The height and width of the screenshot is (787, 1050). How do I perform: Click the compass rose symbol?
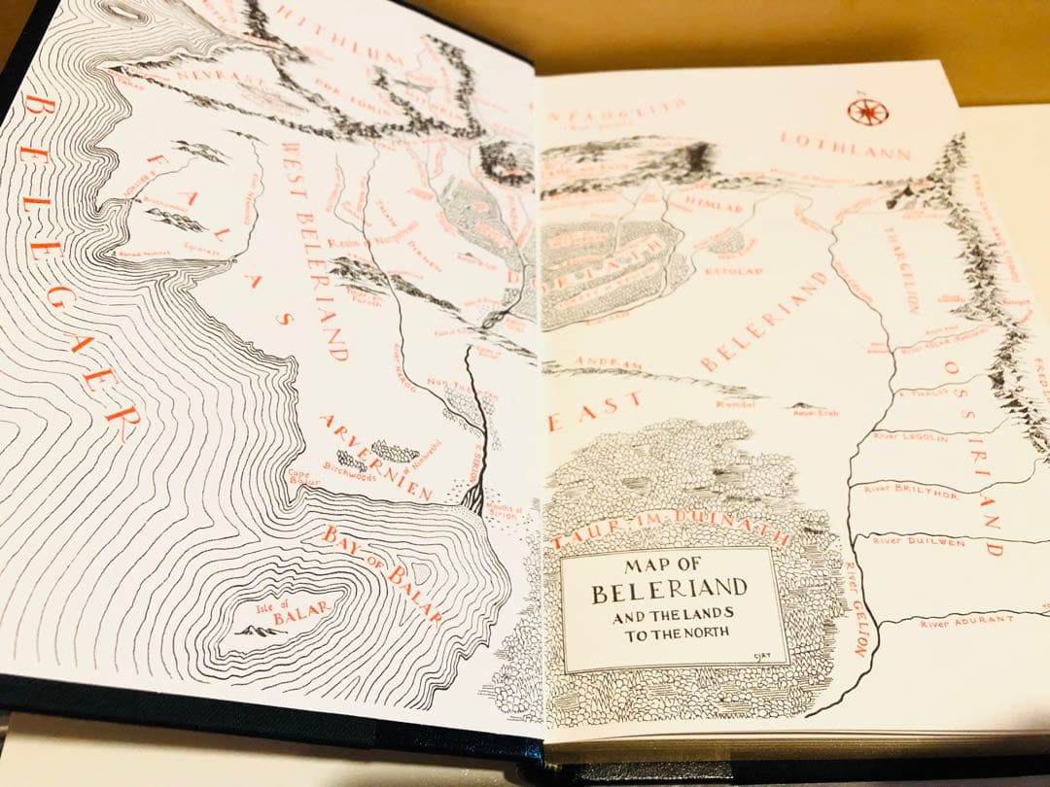click(x=867, y=110)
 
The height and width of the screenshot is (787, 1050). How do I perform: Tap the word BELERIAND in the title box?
click(x=669, y=589)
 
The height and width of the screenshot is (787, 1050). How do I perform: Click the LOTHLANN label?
click(x=846, y=146)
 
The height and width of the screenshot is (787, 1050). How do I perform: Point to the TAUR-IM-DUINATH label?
click(x=671, y=525)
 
